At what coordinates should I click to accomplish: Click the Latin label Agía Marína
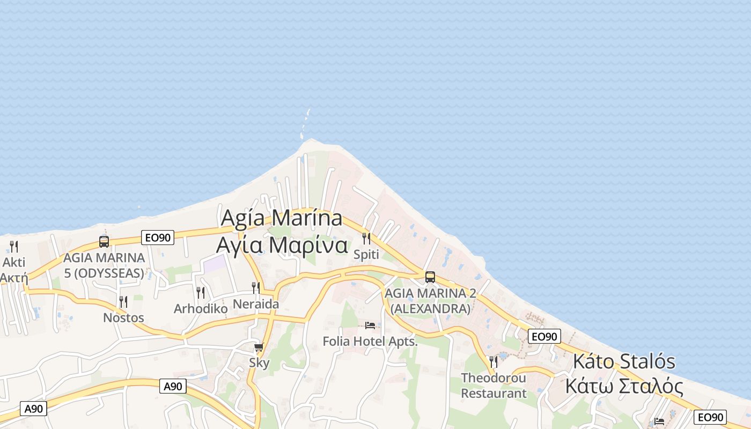(282, 218)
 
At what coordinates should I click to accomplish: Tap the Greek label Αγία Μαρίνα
(282, 245)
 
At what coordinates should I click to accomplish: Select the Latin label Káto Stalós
(624, 361)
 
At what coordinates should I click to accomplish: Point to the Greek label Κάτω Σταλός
(624, 386)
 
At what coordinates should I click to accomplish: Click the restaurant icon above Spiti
(366, 238)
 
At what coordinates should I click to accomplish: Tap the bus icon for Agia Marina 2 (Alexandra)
(430, 277)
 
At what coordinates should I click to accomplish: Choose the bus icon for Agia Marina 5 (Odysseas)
(104, 242)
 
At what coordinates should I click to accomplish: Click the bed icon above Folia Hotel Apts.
(370, 325)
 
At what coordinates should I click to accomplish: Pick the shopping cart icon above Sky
(259, 347)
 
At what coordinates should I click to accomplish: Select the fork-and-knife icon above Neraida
(256, 288)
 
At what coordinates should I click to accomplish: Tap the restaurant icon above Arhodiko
(201, 292)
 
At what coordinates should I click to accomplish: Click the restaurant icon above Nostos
(123, 302)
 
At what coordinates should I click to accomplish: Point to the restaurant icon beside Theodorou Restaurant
(494, 362)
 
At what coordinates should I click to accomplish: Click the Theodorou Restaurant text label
(494, 386)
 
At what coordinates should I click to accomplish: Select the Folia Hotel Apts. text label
(370, 341)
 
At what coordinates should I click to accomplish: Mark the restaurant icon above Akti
(14, 247)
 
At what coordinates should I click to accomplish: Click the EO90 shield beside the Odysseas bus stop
(158, 238)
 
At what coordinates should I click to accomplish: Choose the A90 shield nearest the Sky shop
(173, 386)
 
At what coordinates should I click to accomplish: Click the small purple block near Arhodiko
(215, 263)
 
